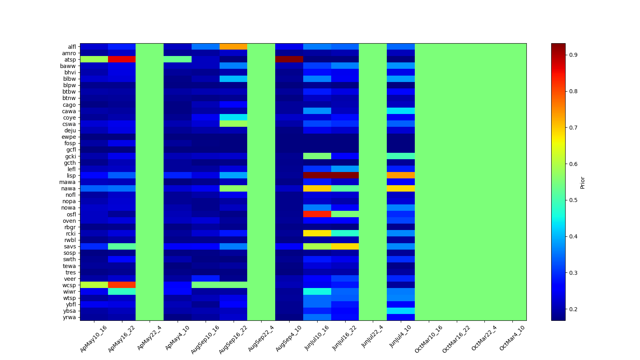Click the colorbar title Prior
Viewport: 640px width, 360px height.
(x=582, y=182)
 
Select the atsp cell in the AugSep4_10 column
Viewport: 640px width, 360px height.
(x=289, y=60)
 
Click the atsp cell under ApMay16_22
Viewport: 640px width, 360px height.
(x=122, y=60)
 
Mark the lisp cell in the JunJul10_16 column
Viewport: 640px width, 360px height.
(x=317, y=176)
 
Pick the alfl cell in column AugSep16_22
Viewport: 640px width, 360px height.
(x=233, y=47)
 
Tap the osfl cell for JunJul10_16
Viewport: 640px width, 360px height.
(x=317, y=214)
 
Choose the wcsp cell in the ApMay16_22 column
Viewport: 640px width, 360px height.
(x=122, y=285)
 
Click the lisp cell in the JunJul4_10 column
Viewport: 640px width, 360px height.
(x=401, y=176)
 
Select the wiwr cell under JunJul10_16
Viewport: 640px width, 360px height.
(x=317, y=292)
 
